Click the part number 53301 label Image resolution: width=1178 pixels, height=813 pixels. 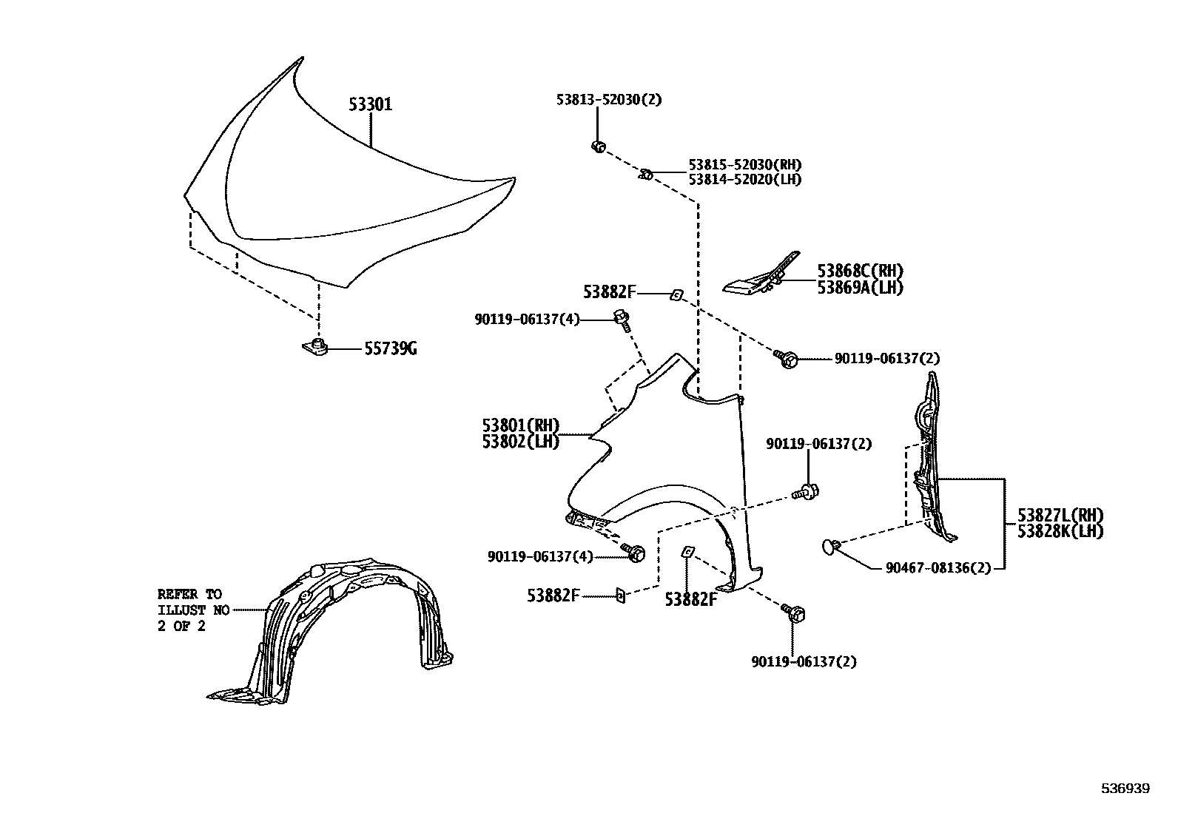371,105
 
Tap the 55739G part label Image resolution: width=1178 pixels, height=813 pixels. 390,348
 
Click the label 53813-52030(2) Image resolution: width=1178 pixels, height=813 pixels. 608,100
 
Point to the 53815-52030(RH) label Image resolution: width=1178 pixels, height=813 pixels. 744,165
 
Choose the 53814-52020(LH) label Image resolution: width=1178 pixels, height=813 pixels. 744,180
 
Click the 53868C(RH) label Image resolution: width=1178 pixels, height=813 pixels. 860,271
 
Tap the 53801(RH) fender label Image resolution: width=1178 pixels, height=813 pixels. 521,425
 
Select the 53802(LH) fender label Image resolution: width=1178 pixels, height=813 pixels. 521,442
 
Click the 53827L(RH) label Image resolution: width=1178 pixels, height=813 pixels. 1060,516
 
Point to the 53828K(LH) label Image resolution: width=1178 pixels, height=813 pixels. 1060,531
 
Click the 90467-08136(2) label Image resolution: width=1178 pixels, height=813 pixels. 938,568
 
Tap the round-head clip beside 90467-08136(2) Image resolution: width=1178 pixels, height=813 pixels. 831,547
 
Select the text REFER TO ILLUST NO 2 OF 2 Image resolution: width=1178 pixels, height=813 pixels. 189,610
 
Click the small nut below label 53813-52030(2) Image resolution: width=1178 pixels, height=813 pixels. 598,146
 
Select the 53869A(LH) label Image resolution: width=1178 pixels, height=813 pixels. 860,288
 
